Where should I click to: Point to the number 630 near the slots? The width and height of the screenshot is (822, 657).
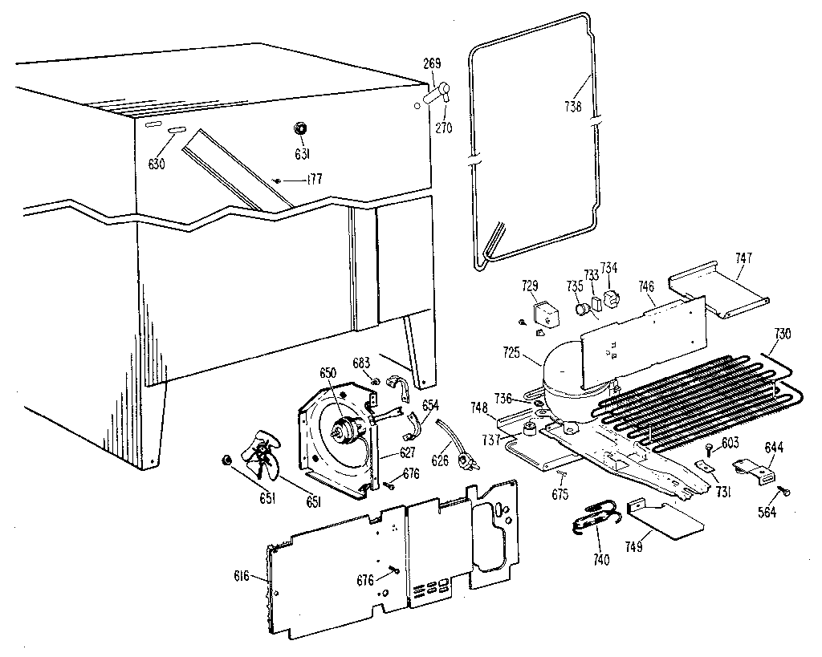pyautogui.click(x=156, y=164)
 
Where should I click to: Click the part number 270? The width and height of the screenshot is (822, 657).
pyautogui.click(x=444, y=128)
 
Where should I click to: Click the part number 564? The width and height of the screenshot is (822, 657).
pyautogui.click(x=768, y=513)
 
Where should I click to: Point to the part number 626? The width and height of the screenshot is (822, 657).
pyautogui.click(x=440, y=460)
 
